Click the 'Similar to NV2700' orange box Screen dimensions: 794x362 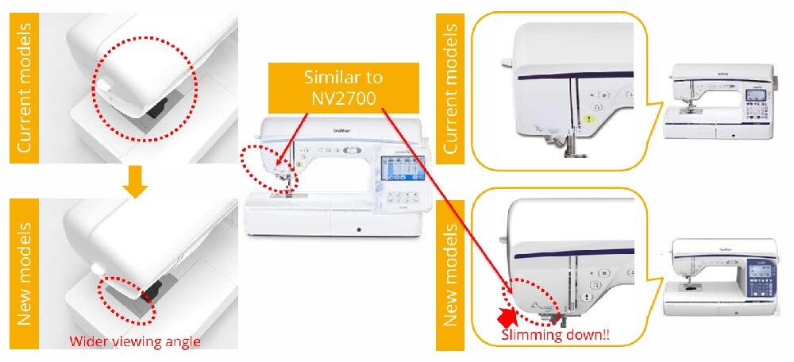coord(343,87)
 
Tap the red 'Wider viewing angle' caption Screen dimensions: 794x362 coord(135,341)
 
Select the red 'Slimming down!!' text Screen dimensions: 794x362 coord(555,335)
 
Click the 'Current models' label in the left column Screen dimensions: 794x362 coord(25,88)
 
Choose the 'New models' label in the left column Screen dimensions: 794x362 coord(25,274)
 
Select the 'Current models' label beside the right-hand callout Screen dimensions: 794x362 coord(449,88)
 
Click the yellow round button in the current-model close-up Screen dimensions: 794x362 coord(588,119)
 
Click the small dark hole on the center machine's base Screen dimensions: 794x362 coord(359,230)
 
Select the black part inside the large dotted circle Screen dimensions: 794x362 coord(160,108)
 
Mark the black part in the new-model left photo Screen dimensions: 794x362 coord(151,290)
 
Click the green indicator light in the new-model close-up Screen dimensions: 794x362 coord(592,272)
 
